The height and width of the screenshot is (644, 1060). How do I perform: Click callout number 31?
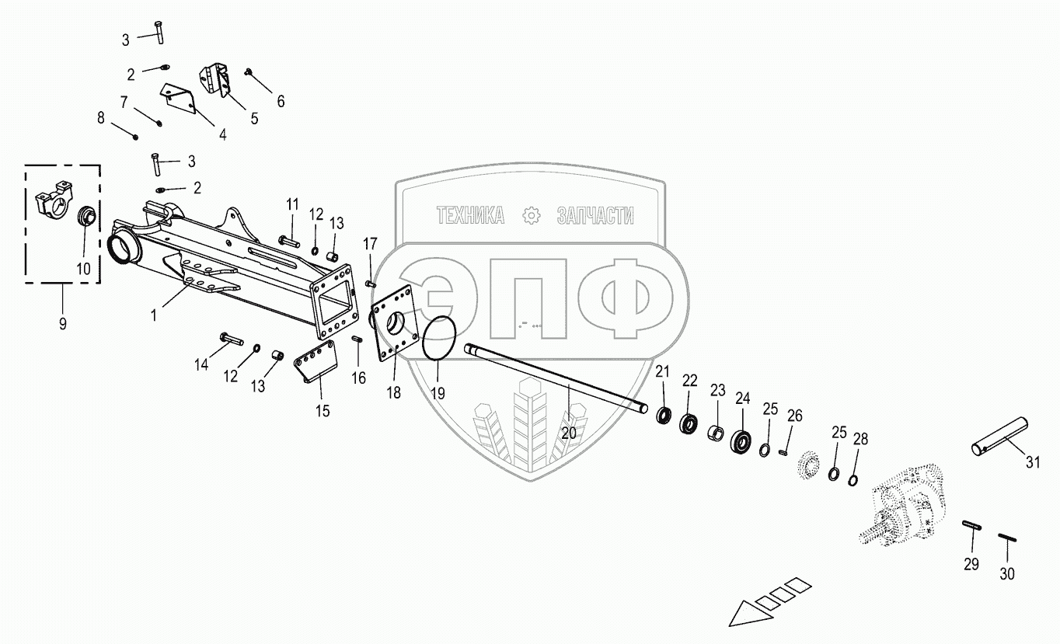click(1032, 463)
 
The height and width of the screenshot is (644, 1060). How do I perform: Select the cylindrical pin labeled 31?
click(1000, 437)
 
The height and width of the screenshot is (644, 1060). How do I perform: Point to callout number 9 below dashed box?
click(63, 323)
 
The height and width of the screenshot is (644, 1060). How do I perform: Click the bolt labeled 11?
click(288, 241)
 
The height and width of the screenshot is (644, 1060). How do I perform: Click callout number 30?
click(1007, 573)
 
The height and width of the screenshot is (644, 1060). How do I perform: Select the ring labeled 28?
click(853, 479)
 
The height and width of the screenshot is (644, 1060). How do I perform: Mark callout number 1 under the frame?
click(154, 315)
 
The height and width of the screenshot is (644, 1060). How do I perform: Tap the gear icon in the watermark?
click(532, 216)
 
